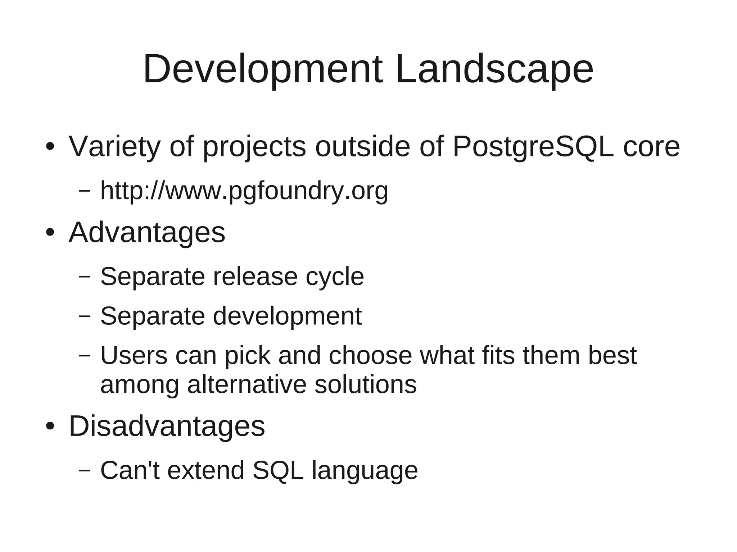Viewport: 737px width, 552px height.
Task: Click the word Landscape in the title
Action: (494, 69)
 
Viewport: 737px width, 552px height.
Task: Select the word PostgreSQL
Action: (533, 147)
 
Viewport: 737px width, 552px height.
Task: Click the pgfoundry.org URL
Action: (244, 191)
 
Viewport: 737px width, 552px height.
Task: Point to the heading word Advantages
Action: (147, 233)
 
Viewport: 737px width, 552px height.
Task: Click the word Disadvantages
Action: (167, 426)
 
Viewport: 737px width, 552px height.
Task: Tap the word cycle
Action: (335, 277)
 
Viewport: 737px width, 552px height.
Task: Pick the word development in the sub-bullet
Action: (287, 316)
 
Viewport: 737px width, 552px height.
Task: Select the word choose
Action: (370, 355)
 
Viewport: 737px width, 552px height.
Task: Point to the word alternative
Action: (247, 384)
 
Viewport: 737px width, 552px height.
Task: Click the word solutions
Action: (365, 384)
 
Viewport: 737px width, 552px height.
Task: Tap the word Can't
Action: (130, 470)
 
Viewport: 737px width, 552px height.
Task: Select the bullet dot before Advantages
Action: (50, 233)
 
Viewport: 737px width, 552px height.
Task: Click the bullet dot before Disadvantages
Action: (50, 426)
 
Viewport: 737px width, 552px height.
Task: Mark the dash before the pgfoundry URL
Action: (84, 191)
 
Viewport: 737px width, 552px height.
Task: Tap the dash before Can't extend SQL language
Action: (84, 470)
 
